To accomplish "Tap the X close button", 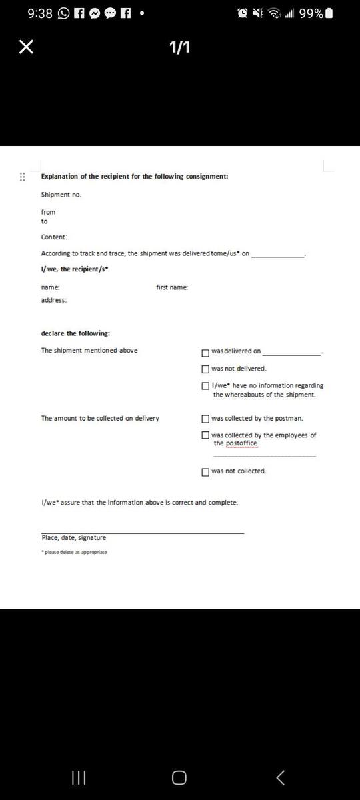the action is [x=26, y=47].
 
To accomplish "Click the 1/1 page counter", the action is [x=179, y=47].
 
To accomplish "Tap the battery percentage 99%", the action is [x=311, y=13].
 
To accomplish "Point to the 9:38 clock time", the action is [x=40, y=13].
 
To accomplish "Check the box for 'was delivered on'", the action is [x=205, y=352].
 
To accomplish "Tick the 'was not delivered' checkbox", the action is [x=205, y=369].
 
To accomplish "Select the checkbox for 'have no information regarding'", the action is [x=205, y=385].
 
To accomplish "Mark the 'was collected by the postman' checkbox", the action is [x=205, y=419].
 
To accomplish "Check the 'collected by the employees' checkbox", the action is [x=205, y=435].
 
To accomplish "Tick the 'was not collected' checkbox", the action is [x=205, y=471].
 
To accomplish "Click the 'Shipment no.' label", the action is [x=61, y=195].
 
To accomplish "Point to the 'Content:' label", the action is [x=54, y=237].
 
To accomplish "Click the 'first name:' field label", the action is [x=172, y=287].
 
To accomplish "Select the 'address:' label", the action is [x=54, y=300].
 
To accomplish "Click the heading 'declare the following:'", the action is [x=76, y=333].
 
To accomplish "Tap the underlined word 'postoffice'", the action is [x=241, y=443].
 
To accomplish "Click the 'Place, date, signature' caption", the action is [x=73, y=538].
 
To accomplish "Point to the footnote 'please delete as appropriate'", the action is [x=75, y=552].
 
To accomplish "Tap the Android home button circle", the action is [x=179, y=777].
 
